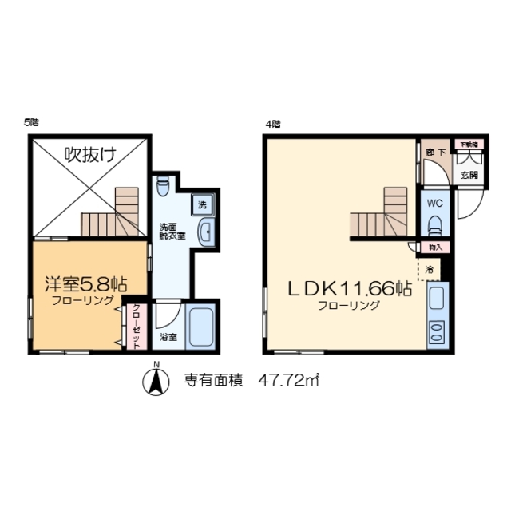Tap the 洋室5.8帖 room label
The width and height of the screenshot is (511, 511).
pyautogui.click(x=84, y=283)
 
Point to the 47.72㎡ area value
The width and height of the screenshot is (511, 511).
pyautogui.click(x=288, y=381)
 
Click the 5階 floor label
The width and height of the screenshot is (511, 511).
pyautogui.click(x=31, y=122)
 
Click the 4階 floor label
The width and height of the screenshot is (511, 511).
pyautogui.click(x=273, y=123)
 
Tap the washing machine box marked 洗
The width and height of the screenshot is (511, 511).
pyautogui.click(x=202, y=205)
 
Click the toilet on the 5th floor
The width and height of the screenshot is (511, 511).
pyautogui.click(x=163, y=186)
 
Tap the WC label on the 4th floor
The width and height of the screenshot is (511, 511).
pyautogui.click(x=434, y=203)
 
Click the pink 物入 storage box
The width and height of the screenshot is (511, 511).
pyautogui.click(x=436, y=248)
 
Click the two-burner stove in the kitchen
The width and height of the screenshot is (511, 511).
pyautogui.click(x=437, y=331)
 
